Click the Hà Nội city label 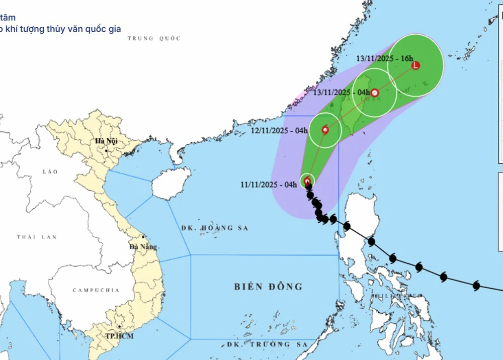[x=106, y=141]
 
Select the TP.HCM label [x=119, y=336]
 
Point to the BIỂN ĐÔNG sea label [x=268, y=287]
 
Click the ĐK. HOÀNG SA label [x=215, y=228]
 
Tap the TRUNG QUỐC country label [x=154, y=38]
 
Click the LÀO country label [x=50, y=172]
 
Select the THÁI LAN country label [x=36, y=237]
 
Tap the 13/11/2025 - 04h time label [x=341, y=93]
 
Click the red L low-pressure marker [x=415, y=65]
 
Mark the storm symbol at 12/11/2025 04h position [x=325, y=130]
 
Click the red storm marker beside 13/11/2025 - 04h [x=374, y=93]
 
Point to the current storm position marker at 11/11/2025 [x=307, y=181]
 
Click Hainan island [x=171, y=183]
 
